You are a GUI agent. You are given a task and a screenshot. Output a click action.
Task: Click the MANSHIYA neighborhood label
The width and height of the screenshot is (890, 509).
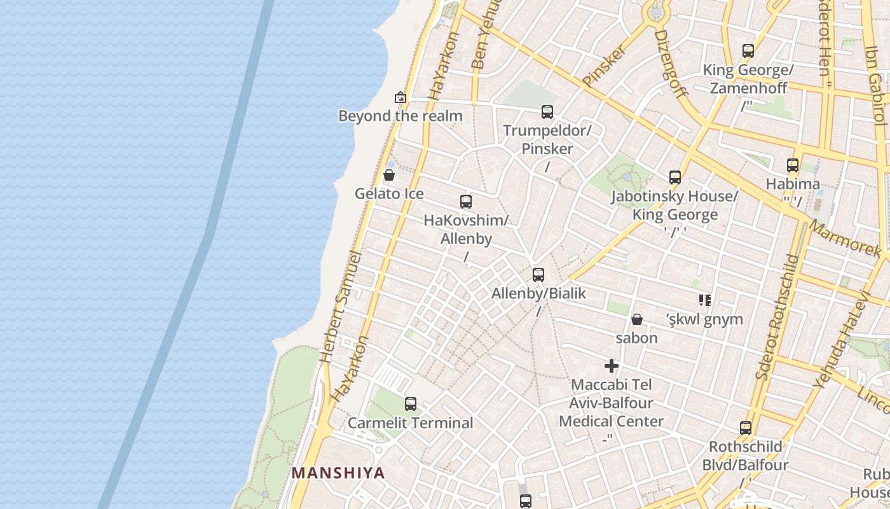tap(338, 473)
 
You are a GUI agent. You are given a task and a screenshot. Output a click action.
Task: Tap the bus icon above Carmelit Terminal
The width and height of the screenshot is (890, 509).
tap(411, 403)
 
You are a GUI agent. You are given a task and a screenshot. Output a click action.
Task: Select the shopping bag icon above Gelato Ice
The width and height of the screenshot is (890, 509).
tap(389, 174)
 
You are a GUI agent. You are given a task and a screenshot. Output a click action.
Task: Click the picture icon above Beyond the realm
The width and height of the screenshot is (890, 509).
tap(400, 97)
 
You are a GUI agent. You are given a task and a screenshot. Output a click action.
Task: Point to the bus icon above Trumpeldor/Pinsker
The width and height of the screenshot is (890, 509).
tap(547, 112)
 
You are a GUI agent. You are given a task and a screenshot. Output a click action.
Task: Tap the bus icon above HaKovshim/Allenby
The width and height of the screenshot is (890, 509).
tap(466, 202)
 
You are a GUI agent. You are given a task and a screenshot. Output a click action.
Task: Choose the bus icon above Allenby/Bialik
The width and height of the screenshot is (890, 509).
tap(538, 275)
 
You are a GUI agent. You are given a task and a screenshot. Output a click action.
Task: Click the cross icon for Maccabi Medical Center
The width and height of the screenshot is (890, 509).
tap(612, 366)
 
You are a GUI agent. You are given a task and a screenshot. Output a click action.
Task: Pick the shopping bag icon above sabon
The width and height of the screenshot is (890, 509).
tap(637, 319)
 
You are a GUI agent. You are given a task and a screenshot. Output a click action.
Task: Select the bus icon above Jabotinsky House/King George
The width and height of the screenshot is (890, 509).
tap(675, 178)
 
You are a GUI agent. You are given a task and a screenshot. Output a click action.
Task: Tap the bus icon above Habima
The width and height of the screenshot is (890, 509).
tap(793, 165)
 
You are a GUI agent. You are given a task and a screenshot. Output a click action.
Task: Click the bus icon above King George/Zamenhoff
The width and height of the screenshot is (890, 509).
tap(748, 51)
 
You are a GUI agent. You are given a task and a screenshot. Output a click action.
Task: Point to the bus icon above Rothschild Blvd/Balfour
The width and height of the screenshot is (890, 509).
tap(746, 428)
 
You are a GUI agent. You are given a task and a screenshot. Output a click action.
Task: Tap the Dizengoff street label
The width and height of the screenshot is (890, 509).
tap(671, 64)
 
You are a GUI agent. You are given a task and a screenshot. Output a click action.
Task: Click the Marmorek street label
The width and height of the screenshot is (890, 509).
tap(845, 238)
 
